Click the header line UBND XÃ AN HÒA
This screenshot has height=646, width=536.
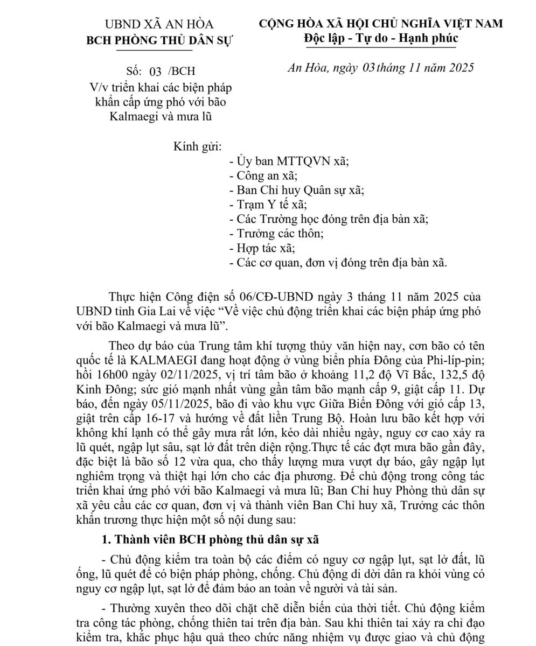(x=159, y=25)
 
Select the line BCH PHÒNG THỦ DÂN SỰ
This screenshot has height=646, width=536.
(x=159, y=41)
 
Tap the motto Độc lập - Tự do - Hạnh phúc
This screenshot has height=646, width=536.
(x=381, y=38)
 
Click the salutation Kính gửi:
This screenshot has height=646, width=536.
(x=197, y=146)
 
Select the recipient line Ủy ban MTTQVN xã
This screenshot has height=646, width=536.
(x=289, y=161)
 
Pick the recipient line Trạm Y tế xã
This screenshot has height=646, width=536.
(x=268, y=205)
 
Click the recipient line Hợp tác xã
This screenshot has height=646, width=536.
(x=262, y=248)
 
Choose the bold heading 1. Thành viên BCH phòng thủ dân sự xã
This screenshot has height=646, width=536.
(x=211, y=540)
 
